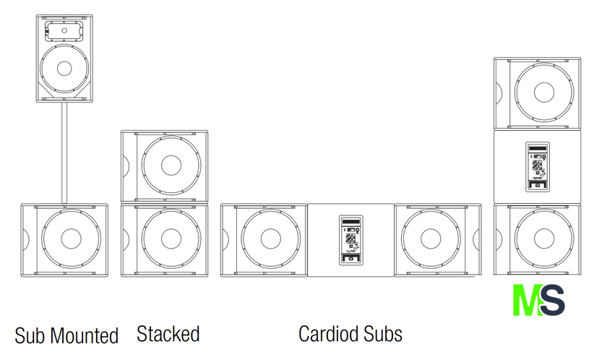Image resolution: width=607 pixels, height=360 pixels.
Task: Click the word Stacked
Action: (x=168, y=334)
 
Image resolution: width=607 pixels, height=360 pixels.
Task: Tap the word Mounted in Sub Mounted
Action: (x=85, y=336)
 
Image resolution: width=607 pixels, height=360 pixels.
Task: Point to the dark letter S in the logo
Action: (x=552, y=301)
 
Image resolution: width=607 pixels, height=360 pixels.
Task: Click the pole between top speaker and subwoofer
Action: (x=64, y=153)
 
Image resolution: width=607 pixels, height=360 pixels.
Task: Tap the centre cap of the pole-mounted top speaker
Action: (x=64, y=69)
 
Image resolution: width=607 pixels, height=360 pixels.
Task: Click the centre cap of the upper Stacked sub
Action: (x=171, y=165)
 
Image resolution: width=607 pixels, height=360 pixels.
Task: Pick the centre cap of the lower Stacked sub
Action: (x=171, y=239)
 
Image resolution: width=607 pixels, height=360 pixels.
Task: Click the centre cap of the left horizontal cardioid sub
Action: (x=270, y=239)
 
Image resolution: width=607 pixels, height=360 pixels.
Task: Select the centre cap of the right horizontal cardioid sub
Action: (x=431, y=239)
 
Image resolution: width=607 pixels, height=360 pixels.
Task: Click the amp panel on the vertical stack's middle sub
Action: (x=537, y=166)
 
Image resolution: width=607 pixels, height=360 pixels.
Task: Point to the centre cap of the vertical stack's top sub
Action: (x=544, y=93)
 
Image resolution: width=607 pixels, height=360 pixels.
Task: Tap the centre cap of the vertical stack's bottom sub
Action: (x=544, y=239)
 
